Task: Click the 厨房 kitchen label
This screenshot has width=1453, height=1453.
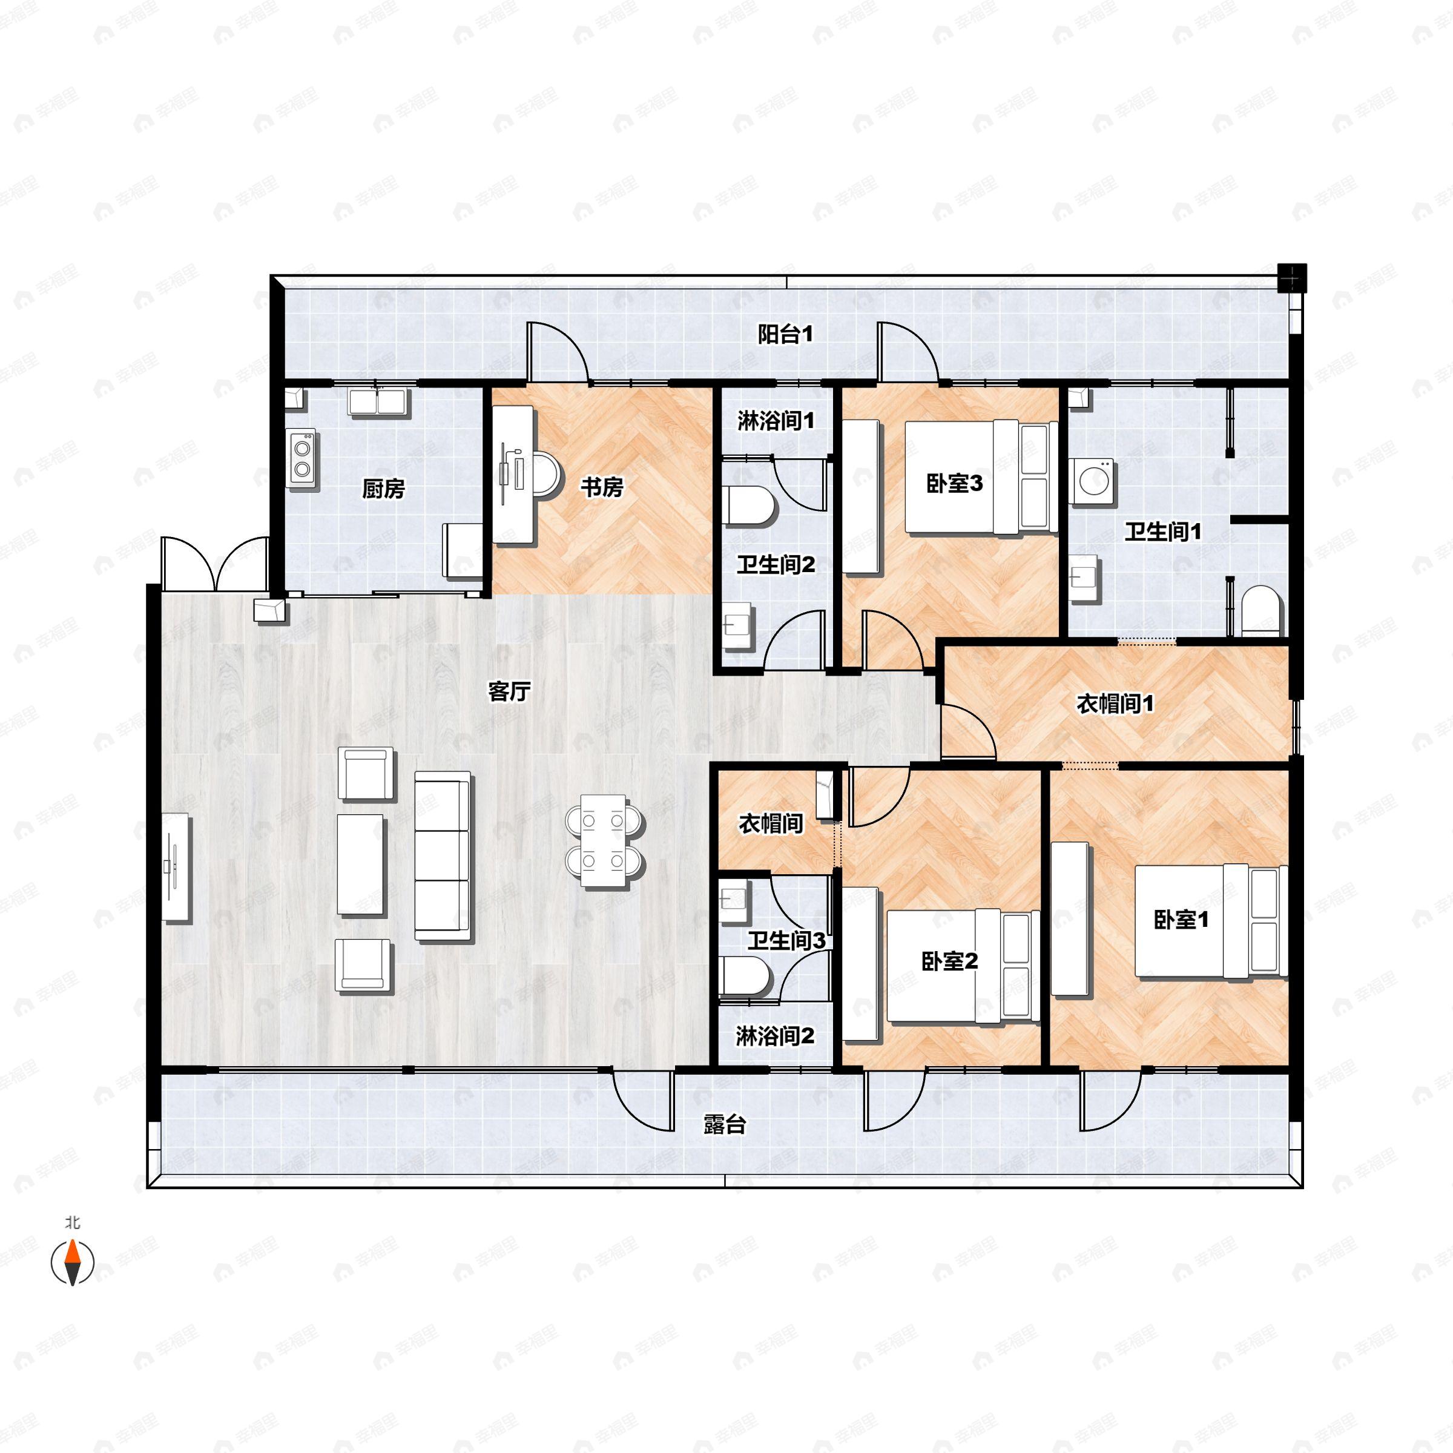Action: [384, 489]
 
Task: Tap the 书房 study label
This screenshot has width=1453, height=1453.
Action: [602, 487]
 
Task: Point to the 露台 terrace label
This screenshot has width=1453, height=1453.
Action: [724, 1124]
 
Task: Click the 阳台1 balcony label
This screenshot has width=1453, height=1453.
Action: [785, 334]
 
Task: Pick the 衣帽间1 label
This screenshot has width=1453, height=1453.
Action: [1115, 704]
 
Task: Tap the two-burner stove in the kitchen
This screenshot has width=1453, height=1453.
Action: [302, 459]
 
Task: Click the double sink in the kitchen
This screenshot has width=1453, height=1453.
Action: [378, 401]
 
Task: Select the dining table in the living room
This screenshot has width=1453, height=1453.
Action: [604, 839]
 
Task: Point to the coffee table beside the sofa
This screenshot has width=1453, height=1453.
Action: [361, 865]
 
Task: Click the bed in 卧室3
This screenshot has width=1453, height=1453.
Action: [978, 478]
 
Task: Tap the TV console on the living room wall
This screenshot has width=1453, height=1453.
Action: [177, 866]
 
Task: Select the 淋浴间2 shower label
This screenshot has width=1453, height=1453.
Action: [775, 1036]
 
